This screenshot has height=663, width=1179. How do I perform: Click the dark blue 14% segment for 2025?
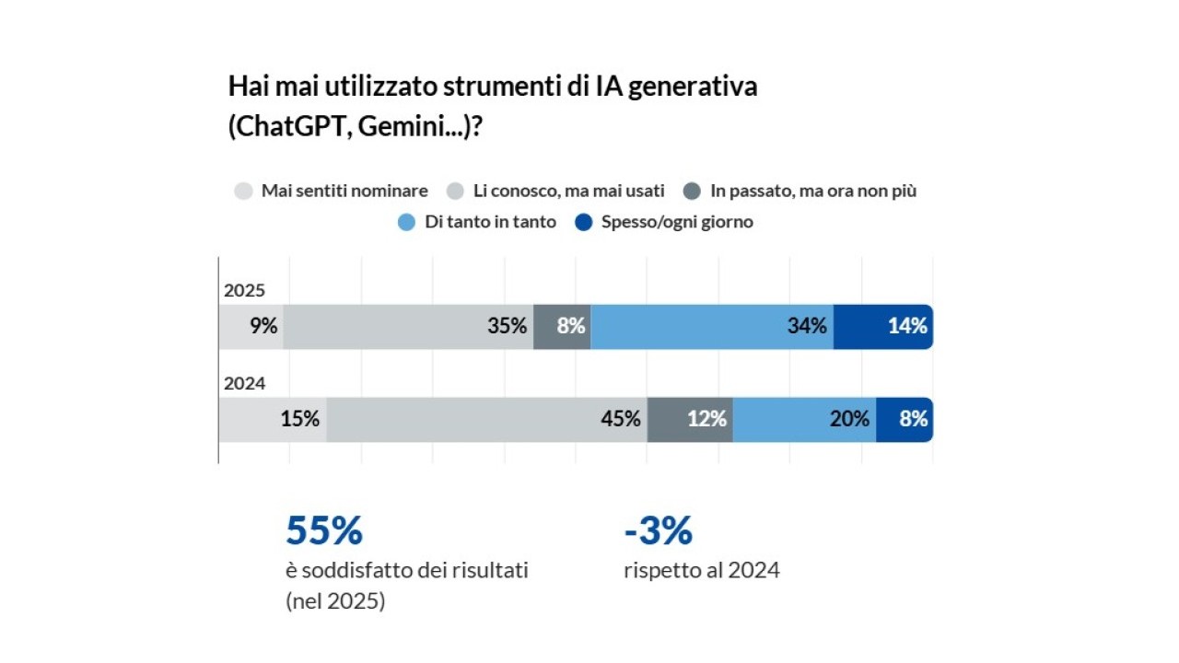[882, 326]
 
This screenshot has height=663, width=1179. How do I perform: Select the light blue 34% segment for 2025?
[711, 326]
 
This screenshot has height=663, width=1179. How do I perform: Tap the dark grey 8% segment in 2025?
[562, 326]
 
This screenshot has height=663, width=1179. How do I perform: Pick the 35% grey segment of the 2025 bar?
[408, 326]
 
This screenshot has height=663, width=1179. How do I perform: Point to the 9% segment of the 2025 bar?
[251, 326]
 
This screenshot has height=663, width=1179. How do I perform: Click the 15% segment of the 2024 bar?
[273, 419]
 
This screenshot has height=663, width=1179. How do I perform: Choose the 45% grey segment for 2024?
[486, 419]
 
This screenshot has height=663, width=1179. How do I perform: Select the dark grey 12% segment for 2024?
[690, 419]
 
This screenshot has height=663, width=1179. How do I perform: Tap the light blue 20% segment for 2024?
[804, 419]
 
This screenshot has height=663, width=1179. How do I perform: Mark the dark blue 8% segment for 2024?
[904, 419]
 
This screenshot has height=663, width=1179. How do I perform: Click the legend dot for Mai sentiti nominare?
[243, 192]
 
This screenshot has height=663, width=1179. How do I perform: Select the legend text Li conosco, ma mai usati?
[568, 192]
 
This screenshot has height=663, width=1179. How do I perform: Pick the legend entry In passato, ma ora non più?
[813, 192]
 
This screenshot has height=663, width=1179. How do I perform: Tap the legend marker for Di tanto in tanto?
[407, 222]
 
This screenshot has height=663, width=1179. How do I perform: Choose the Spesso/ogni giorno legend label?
[677, 222]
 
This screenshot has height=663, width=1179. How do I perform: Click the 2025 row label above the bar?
[244, 291]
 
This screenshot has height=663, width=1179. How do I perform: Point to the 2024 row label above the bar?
[244, 384]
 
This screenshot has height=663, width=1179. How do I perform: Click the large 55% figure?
[324, 531]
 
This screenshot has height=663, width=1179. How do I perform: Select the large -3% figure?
[658, 531]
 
